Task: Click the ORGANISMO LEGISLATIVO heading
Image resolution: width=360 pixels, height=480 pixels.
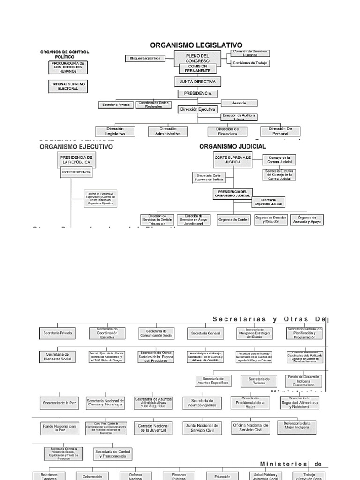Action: [x=196, y=45]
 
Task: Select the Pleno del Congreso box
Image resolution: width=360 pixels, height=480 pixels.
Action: [x=197, y=59]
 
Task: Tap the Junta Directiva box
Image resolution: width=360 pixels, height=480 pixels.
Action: [x=197, y=81]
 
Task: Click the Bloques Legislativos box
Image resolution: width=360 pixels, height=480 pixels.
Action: [x=145, y=59]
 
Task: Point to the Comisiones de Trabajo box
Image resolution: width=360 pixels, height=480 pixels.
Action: [x=250, y=63]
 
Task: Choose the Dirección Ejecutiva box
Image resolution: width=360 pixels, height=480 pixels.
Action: [x=198, y=109]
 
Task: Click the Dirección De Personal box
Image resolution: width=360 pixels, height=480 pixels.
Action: [x=280, y=131]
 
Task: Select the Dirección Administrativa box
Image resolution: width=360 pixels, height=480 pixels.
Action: [x=168, y=131]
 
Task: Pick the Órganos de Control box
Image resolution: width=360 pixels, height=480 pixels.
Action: [x=234, y=219]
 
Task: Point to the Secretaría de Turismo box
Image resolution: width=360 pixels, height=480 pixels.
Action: [x=259, y=381]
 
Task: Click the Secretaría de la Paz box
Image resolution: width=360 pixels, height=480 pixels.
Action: [x=59, y=403]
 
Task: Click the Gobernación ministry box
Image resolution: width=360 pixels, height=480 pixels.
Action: [x=92, y=476]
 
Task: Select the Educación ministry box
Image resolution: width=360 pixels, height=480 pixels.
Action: [x=222, y=476]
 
